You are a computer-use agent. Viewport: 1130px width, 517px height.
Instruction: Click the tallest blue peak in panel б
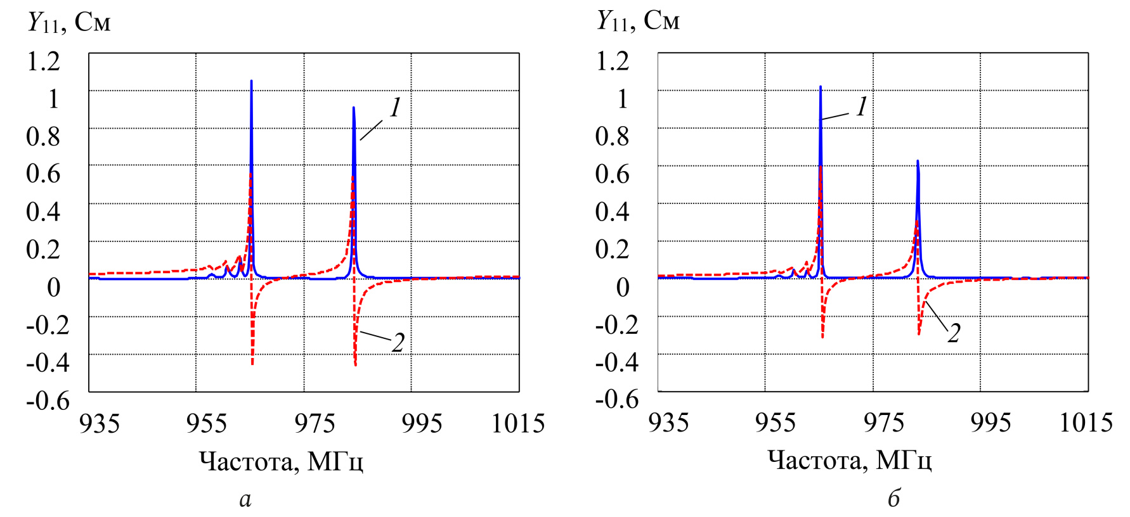point(820,88)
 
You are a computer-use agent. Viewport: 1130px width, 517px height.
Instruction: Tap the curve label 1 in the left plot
point(396,108)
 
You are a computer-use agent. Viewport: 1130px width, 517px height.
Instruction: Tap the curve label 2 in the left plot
point(398,343)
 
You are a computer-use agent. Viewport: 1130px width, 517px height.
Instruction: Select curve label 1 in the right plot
point(861,107)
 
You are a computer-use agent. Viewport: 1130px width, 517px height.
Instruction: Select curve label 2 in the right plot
point(954,333)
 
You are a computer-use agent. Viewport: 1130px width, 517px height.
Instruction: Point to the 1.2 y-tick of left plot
point(43,61)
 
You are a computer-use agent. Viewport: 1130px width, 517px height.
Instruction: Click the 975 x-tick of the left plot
point(315,423)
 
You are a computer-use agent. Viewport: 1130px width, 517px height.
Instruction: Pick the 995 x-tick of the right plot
point(990,423)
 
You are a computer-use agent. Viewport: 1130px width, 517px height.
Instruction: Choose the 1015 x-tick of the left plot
point(518,423)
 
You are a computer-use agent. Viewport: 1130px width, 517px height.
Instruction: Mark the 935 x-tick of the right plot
point(668,423)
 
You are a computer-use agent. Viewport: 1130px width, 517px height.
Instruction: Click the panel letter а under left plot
point(245,499)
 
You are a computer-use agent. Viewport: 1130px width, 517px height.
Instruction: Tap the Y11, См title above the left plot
point(69,23)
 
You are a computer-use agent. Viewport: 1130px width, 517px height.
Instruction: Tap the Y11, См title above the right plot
point(638,22)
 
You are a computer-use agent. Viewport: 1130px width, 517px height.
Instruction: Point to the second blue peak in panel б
point(917,163)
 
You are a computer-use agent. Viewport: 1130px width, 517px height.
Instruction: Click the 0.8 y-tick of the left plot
point(43,136)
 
